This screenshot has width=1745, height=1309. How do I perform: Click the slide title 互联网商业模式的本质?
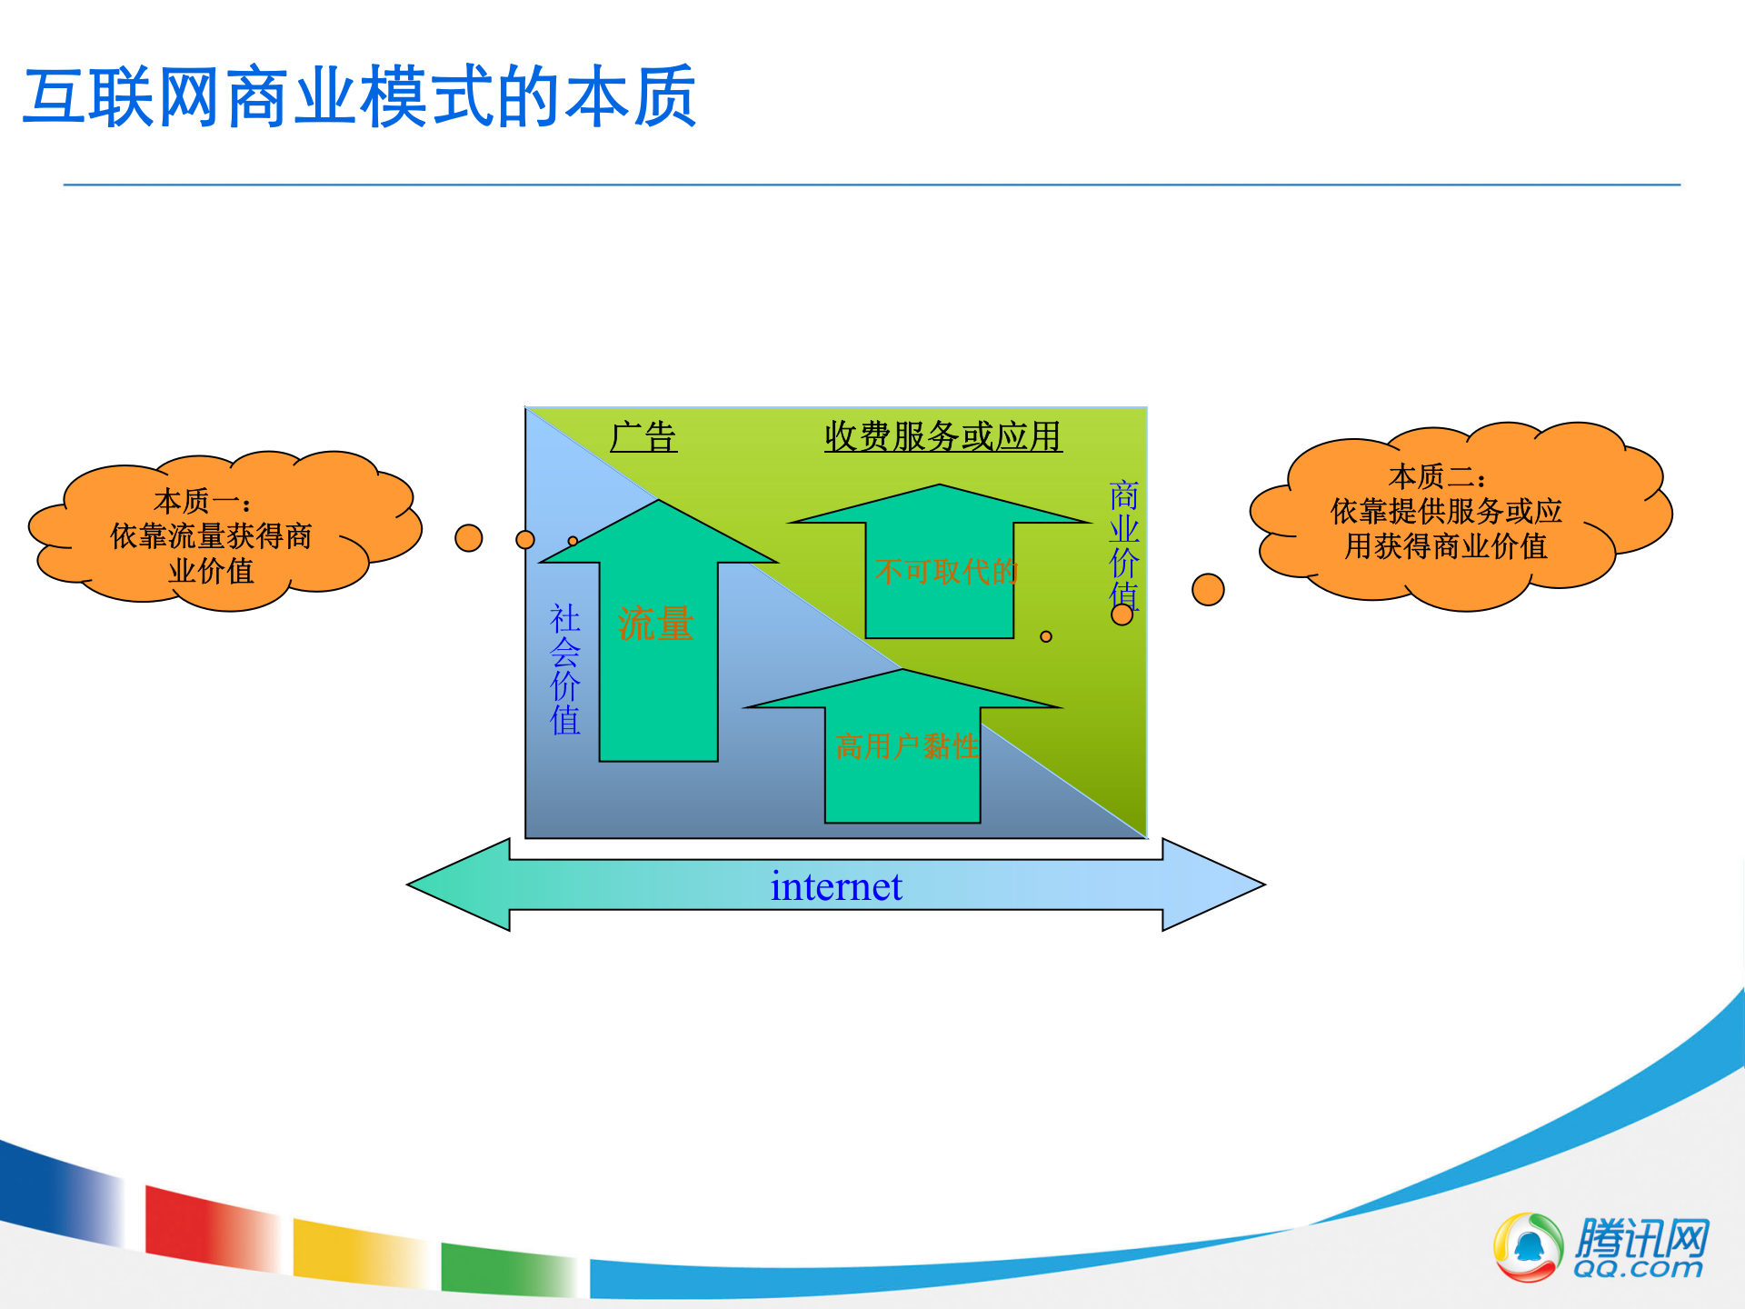(360, 97)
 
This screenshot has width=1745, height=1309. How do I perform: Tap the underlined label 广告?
(643, 437)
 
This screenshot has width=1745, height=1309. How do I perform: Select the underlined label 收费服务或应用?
(942, 437)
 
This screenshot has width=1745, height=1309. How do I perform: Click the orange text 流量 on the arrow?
(655, 625)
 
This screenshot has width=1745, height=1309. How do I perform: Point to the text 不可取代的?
(946, 572)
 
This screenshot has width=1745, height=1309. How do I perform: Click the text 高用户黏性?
(906, 747)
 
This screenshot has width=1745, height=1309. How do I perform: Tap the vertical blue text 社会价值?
(565, 669)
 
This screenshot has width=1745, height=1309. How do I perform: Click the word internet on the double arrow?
(836, 886)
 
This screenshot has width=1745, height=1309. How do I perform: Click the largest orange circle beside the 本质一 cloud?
(469, 538)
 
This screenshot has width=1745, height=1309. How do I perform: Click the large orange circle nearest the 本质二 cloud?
(1208, 589)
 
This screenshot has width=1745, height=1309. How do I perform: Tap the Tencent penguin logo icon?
(1529, 1247)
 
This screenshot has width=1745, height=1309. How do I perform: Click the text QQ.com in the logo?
(1638, 1269)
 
